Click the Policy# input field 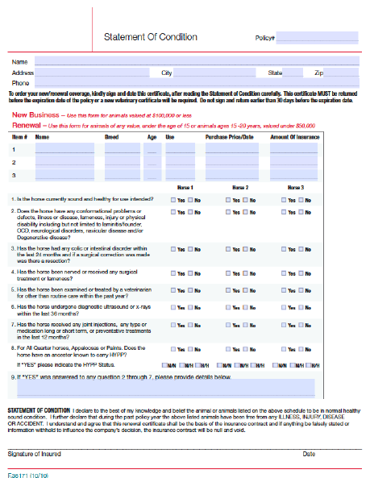coord(318,37)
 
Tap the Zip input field coord(342,73)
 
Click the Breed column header coord(112,138)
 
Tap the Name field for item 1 coord(64,149)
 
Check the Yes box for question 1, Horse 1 coord(173,199)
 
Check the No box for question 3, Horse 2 coord(243,251)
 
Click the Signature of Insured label coord(34,454)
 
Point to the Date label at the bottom coord(309,454)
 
